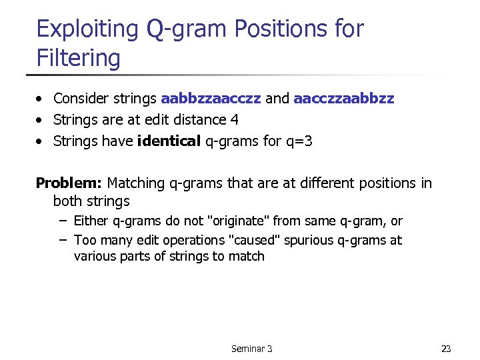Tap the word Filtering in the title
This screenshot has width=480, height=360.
pyautogui.click(x=78, y=58)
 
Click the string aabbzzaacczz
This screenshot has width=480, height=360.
pyautogui.click(x=211, y=99)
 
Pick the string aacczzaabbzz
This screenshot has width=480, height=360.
pyautogui.click(x=343, y=99)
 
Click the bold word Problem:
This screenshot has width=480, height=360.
pyautogui.click(x=69, y=183)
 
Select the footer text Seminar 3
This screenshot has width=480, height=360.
pyautogui.click(x=251, y=349)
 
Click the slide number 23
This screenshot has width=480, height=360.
pyautogui.click(x=446, y=349)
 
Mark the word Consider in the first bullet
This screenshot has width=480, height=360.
pyautogui.click(x=79, y=99)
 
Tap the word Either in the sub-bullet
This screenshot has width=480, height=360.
pyautogui.click(x=89, y=221)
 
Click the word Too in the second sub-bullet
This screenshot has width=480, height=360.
pyautogui.click(x=84, y=240)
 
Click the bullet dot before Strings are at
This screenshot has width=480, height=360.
pyautogui.click(x=41, y=121)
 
